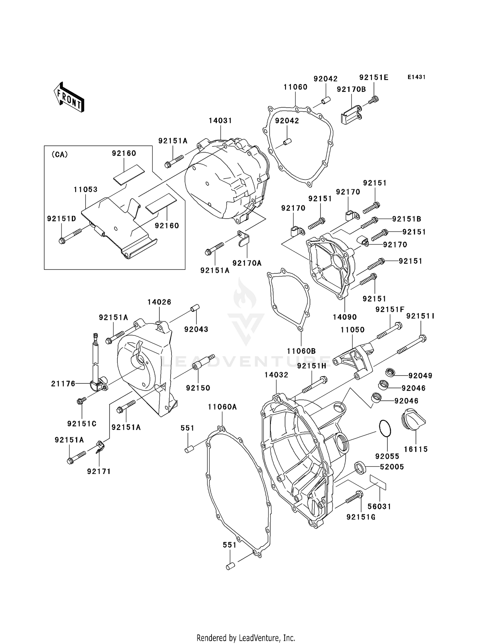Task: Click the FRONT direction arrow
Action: click(69, 97)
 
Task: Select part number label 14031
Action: click(220, 120)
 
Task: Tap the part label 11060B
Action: click(301, 351)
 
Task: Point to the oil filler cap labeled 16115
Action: click(414, 420)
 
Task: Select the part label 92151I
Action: click(420, 316)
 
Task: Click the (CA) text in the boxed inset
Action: click(60, 155)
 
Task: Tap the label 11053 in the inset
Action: click(86, 189)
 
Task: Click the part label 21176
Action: click(63, 383)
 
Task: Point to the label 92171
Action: click(99, 471)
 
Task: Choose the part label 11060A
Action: click(222, 407)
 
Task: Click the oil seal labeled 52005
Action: click(360, 468)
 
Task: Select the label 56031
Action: click(379, 506)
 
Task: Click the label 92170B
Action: click(351, 89)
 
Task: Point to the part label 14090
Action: click(345, 317)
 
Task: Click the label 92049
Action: click(420, 376)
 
